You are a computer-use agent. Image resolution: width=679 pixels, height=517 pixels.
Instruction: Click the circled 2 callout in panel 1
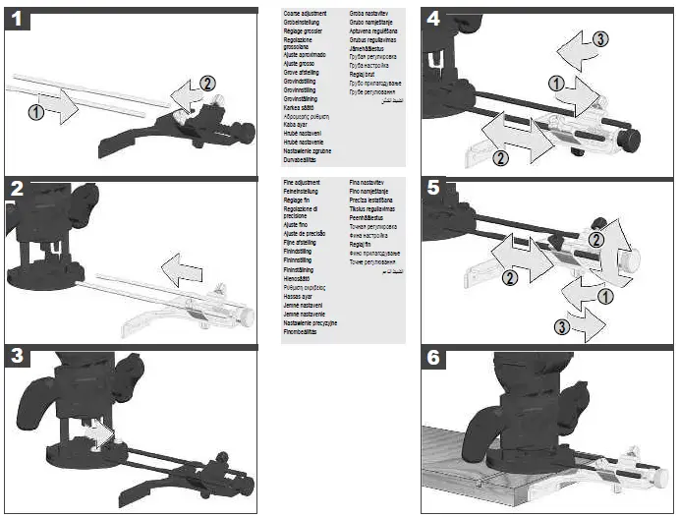205,84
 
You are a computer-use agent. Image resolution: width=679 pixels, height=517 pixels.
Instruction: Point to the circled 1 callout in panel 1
36,112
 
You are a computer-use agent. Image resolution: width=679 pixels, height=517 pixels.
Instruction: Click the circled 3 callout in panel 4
600,38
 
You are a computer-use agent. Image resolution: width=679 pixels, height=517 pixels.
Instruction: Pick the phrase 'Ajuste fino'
298,226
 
